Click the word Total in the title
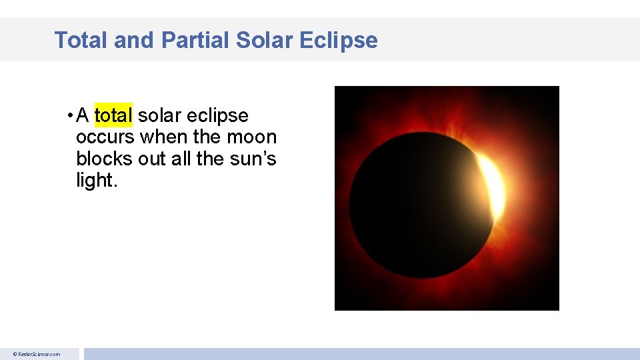[81, 40]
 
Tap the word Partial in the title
[195, 40]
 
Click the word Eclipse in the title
[339, 40]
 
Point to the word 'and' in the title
[135, 40]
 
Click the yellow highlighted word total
[114, 116]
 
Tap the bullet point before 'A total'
[70, 117]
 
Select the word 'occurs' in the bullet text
[105, 137]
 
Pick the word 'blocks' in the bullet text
[105, 159]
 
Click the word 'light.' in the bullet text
[97, 180]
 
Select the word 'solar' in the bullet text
[160, 116]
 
